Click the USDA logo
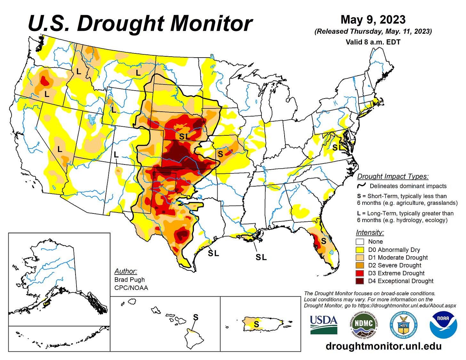click(324, 324)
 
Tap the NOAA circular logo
click(443, 324)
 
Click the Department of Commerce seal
click(403, 324)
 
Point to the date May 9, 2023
click(373, 20)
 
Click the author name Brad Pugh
click(129, 280)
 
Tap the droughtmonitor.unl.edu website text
click(383, 346)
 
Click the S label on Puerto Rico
click(256, 324)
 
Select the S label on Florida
click(324, 241)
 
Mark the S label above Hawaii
click(196, 317)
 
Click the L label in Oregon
click(47, 94)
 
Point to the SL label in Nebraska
click(184, 136)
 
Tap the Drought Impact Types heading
click(393, 176)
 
